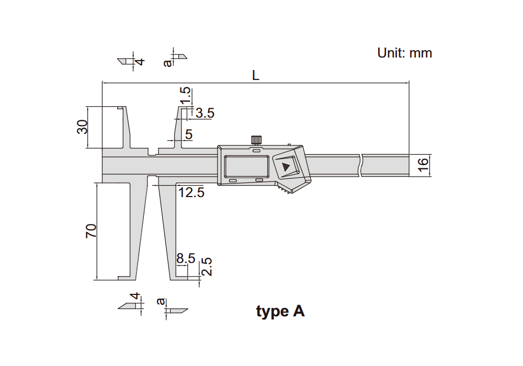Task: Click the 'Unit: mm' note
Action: point(405,53)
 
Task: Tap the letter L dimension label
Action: point(256,75)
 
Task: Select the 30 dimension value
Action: point(82,127)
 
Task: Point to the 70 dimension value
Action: point(90,231)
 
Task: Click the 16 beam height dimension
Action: point(423,165)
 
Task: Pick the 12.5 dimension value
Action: point(191,192)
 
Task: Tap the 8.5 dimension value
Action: point(186,258)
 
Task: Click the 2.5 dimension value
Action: point(207,266)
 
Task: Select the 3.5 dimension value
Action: point(205,113)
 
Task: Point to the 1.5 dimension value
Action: point(185,95)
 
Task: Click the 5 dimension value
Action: point(189,135)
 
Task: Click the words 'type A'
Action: point(280,312)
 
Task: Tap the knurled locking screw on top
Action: point(256,140)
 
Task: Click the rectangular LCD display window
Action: point(246,167)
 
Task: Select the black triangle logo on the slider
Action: point(286,167)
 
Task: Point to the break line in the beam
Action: point(360,165)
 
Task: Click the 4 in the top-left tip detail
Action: point(140,62)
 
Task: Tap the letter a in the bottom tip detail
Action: point(161,301)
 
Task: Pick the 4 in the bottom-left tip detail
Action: point(135,296)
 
